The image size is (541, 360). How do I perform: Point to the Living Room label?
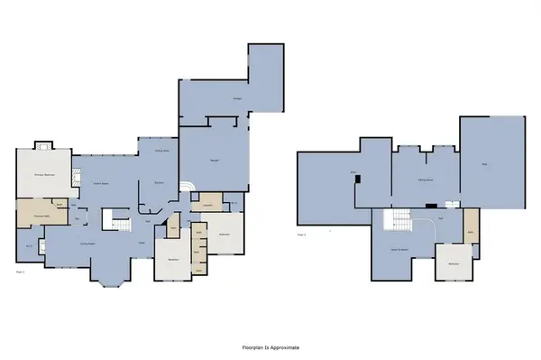(x=88, y=243)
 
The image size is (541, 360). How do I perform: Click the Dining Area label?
(x=163, y=151)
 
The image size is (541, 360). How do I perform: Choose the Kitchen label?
(x=158, y=184)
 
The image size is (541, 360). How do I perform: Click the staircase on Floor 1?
(x=115, y=218)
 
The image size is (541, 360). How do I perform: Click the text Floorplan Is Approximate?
(x=270, y=346)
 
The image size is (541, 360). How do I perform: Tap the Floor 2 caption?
(x=302, y=235)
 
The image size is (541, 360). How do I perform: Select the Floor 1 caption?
(x=20, y=270)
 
